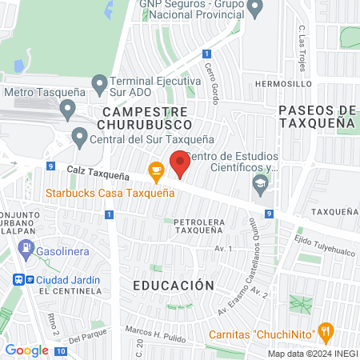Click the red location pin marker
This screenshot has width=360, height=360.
tap(180, 164)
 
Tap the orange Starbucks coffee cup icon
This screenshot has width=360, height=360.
tap(156, 170)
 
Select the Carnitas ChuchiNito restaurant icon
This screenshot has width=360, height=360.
tap(325, 331)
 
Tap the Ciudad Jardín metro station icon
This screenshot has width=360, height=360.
tap(19, 280)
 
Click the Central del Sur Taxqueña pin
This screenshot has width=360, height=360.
tap(79, 137)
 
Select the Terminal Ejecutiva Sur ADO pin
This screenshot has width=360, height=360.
tap(99, 82)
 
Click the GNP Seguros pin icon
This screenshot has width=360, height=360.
tap(255, 9)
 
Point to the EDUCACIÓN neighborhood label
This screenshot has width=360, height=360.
tap(174, 285)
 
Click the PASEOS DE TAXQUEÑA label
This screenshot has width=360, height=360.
tap(318, 116)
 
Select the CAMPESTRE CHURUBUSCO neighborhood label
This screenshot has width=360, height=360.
tap(145, 118)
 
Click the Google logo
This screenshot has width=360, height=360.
tap(26, 350)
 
